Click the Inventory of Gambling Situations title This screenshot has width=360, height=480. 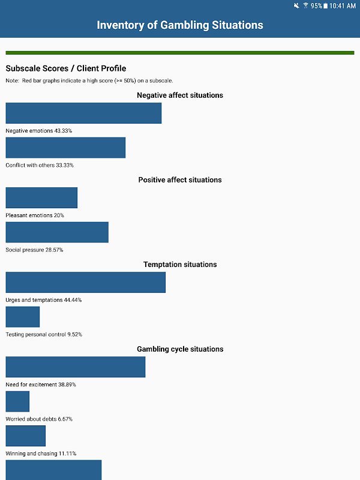180,25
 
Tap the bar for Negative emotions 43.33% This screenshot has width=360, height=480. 83,113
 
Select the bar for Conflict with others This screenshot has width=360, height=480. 65,148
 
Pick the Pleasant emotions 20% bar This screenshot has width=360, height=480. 41,197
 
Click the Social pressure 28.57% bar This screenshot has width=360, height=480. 57,232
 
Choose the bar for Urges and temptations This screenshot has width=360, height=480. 85,282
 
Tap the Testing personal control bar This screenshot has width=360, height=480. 22,317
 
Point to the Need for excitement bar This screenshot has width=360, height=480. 76,367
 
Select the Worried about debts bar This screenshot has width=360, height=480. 17,401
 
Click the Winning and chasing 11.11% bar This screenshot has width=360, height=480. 25,436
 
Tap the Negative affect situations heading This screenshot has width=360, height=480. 180,95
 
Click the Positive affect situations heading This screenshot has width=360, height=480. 180,180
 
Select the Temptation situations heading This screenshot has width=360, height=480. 180,265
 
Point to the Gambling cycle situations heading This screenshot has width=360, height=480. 180,349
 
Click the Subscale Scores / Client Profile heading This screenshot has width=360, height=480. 66,68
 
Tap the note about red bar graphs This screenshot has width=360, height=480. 89,80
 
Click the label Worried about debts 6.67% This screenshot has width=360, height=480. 40,419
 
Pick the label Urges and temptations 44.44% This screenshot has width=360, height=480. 44,300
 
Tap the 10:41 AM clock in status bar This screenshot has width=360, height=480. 343,6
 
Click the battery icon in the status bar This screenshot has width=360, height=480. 325,6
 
